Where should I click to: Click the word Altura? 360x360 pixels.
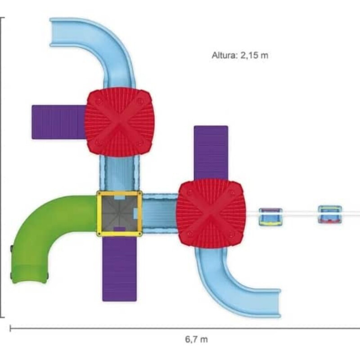(x=224, y=55)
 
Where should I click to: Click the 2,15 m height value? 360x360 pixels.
(x=254, y=55)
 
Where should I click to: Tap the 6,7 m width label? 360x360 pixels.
(x=196, y=339)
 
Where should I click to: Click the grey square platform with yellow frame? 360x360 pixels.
(x=119, y=213)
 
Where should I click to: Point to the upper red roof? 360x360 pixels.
(x=119, y=122)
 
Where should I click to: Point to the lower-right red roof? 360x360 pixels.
(x=211, y=214)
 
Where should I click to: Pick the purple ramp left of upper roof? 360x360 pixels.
(x=58, y=122)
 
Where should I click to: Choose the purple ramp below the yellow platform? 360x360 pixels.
(x=119, y=269)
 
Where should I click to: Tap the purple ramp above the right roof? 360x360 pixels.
(x=211, y=153)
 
